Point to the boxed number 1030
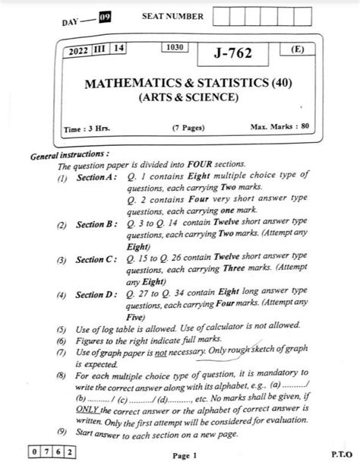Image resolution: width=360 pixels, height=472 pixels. pyautogui.click(x=172, y=49)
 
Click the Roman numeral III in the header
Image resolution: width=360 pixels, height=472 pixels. pyautogui.click(x=99, y=49)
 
